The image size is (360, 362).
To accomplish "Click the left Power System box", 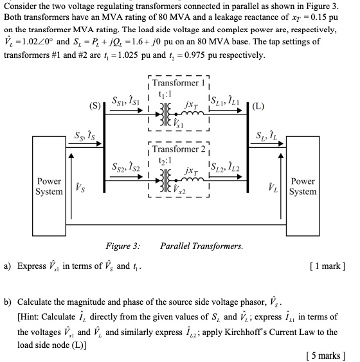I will click(50, 186).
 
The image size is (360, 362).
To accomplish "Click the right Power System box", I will click(303, 186).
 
